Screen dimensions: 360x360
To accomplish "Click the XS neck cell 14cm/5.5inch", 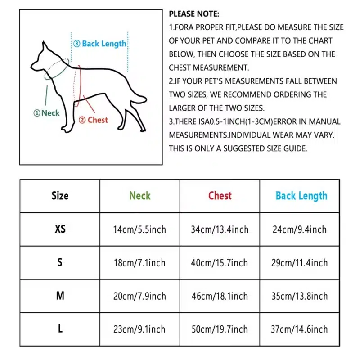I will click(x=139, y=229).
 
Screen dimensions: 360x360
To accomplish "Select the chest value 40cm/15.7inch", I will click(x=219, y=263).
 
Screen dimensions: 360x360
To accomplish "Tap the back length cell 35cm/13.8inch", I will click(x=300, y=296).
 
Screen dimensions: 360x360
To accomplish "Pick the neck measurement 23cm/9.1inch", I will click(x=139, y=329).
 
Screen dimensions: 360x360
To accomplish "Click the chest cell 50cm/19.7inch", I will click(x=219, y=329).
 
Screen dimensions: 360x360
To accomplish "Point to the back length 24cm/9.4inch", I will click(x=300, y=229).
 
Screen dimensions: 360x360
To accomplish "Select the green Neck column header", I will click(x=140, y=196).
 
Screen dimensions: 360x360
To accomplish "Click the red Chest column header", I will click(x=220, y=196).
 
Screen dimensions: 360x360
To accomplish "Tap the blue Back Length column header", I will click(x=301, y=196).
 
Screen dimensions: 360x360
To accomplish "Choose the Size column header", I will click(x=60, y=196).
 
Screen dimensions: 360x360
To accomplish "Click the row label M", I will click(x=60, y=296).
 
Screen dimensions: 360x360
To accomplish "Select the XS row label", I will click(x=60, y=229).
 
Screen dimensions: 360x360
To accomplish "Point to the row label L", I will click(x=60, y=329).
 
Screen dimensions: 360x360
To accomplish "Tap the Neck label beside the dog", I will click(x=47, y=113).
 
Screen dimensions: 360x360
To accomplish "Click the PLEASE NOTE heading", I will click(x=194, y=14).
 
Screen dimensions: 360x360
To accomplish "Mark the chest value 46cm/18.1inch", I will click(x=219, y=296).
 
